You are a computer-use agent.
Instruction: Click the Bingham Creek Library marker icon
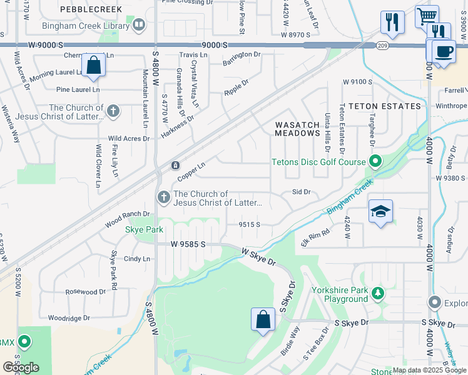(x=138, y=26)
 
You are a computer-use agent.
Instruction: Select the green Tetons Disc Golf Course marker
(x=375, y=162)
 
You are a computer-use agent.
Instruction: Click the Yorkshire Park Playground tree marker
(x=377, y=293)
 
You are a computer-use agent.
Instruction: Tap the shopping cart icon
(x=427, y=16)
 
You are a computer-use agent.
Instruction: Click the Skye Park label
(x=144, y=230)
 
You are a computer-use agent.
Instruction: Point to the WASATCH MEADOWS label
(x=298, y=129)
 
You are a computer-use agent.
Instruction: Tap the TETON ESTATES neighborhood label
(x=384, y=106)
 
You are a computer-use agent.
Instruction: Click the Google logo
(x=21, y=367)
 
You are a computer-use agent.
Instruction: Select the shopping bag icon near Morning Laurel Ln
(x=93, y=66)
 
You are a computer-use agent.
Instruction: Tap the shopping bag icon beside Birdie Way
(x=263, y=319)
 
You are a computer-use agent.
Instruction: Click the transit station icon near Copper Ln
(x=176, y=166)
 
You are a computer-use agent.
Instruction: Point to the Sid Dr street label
(x=301, y=192)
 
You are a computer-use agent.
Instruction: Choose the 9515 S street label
(x=248, y=224)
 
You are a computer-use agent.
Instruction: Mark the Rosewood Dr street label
(x=86, y=292)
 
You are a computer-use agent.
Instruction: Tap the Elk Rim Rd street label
(x=315, y=237)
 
